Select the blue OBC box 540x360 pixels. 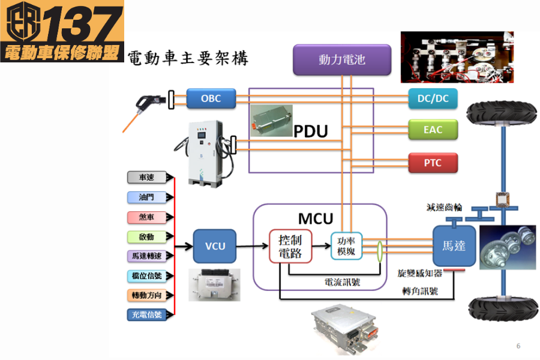click(211, 98)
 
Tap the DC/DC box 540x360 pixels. click(433, 98)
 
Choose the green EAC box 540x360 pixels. click(433, 130)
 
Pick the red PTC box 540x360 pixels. click(433, 163)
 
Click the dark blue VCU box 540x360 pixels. click(215, 246)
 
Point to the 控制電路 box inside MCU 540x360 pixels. click(291, 246)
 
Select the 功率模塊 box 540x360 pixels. click(347, 245)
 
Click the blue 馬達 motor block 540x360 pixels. click(454, 245)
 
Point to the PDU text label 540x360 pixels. click(310, 131)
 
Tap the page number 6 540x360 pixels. click(518, 346)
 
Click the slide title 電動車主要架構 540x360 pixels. click(188, 58)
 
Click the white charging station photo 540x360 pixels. click(205, 153)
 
